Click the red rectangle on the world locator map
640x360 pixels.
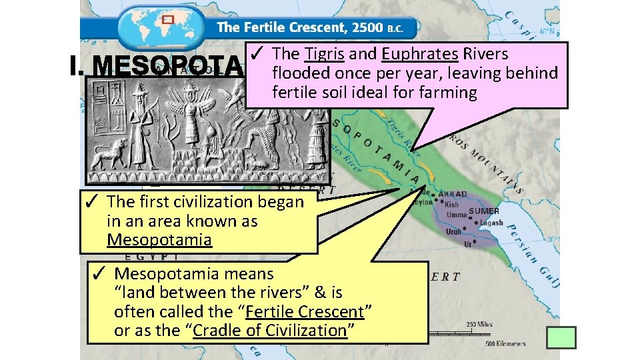pyautogui.click(x=168, y=19)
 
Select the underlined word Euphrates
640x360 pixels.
pyautogui.click(x=420, y=54)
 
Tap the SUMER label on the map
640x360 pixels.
pyautogui.click(x=484, y=211)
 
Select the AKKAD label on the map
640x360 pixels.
pyautogui.click(x=453, y=195)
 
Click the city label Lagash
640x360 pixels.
pyautogui.click(x=491, y=223)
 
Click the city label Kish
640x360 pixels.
pyautogui.click(x=452, y=205)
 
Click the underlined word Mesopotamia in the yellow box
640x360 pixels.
pyautogui.click(x=159, y=239)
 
